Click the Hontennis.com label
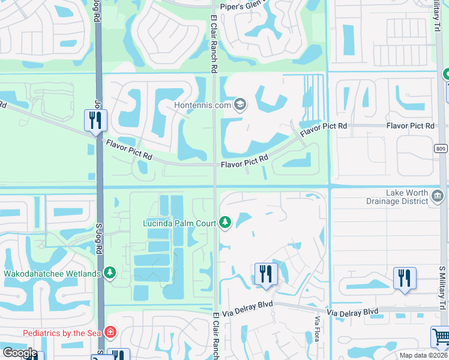[x=203, y=105]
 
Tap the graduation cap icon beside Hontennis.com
[x=240, y=104]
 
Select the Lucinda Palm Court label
[x=178, y=223]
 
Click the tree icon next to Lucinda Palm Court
[x=225, y=223]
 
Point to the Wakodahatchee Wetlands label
[x=52, y=274]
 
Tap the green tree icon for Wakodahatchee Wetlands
[x=109, y=274]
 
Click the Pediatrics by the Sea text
[x=62, y=332]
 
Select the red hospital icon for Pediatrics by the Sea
[x=109, y=332]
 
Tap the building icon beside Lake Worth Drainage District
[x=438, y=196]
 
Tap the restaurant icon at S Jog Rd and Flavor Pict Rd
[x=95, y=121]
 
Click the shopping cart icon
[x=441, y=337]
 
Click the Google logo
[x=20, y=353]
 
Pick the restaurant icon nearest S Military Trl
[x=404, y=278]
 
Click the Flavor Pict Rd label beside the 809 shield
[x=411, y=126]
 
